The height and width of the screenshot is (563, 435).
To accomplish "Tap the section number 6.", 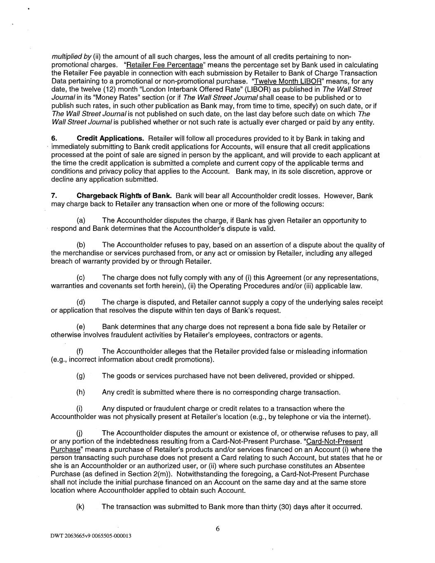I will pos(54,139).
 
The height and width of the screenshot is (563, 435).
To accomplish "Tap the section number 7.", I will pos(54,196).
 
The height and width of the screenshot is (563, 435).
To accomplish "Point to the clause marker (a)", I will pos(81,221).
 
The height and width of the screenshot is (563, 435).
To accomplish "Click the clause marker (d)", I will pos(81,302).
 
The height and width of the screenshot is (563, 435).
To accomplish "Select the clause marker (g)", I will pos(81,376).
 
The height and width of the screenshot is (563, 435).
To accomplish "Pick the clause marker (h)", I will pos(81,392).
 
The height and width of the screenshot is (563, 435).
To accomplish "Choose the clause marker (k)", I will pos(81,506).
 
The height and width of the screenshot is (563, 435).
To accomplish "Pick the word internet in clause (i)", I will pos(354,417).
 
